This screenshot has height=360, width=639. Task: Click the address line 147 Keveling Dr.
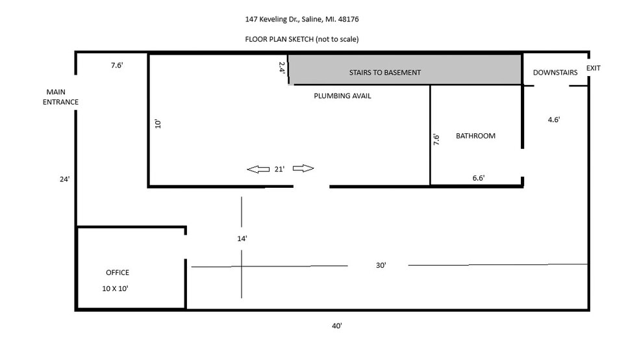point(301,19)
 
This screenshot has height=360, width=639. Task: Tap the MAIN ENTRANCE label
point(60,97)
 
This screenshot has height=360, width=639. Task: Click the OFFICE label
point(118,272)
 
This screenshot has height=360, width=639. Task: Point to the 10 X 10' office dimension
point(115,289)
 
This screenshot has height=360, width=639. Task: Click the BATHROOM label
point(475,136)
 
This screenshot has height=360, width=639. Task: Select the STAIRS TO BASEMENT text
point(384,73)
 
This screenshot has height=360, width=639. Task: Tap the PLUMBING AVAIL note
point(342,96)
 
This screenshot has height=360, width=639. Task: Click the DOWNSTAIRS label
point(555,73)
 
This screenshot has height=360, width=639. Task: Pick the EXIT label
point(594,68)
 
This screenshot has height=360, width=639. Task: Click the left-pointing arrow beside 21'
point(258,169)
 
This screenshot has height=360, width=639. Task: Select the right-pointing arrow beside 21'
point(303,168)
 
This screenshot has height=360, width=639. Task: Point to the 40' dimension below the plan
point(336,326)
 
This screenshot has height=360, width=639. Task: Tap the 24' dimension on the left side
point(64,179)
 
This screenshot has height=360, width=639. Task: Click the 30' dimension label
point(381,265)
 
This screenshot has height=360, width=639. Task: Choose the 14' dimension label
point(242,238)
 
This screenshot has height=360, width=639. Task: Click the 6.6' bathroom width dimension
point(479,178)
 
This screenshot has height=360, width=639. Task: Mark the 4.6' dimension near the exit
point(554,120)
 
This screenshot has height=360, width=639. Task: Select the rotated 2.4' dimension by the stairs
point(282,68)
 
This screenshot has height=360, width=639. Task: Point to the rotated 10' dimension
point(158,124)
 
